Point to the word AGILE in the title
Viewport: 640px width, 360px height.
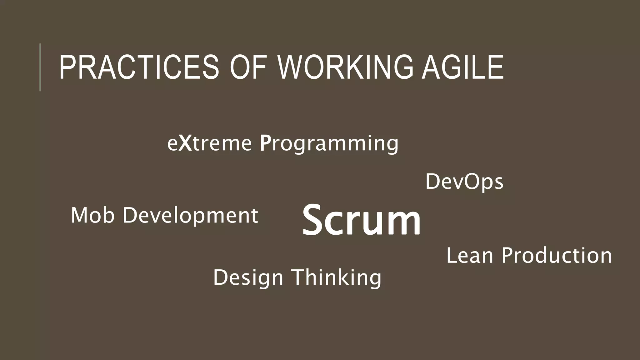click(462, 67)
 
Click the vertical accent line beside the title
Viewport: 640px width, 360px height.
click(40, 67)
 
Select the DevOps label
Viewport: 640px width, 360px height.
click(464, 182)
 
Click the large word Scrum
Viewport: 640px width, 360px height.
click(361, 219)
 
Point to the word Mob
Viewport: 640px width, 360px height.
click(92, 215)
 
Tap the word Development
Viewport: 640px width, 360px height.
click(190, 216)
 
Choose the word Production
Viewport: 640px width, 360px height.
click(557, 256)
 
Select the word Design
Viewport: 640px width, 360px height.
click(248, 278)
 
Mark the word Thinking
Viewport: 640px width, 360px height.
click(337, 277)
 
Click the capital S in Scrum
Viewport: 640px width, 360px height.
click(314, 219)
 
